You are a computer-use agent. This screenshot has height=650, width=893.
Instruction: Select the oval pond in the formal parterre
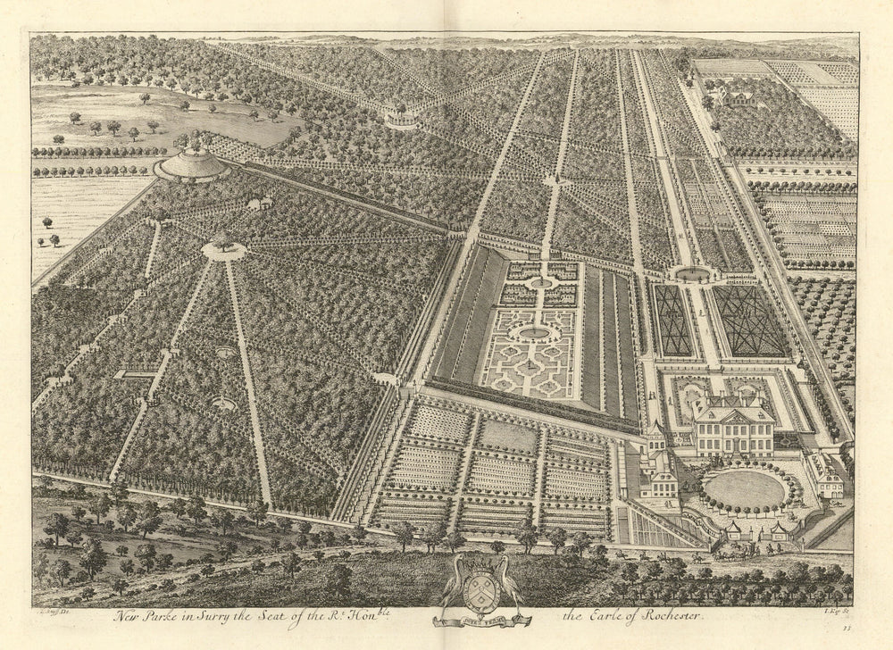pos(535,332)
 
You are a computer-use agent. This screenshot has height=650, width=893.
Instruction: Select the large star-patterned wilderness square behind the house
pos(748,320)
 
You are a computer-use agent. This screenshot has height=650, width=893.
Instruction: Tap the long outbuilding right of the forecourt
pos(825,474)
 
